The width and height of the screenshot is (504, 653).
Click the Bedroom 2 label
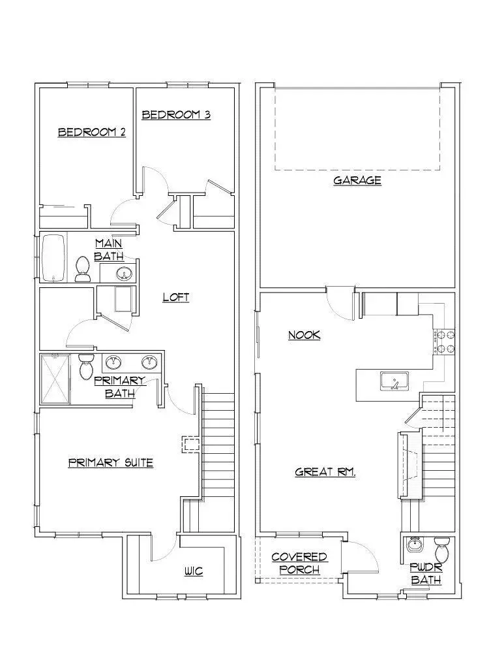(x=92, y=132)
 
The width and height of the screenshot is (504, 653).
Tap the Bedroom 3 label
(x=176, y=115)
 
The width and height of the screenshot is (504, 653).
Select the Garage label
(x=357, y=180)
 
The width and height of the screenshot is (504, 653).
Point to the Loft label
(x=176, y=297)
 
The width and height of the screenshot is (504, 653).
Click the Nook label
(x=304, y=335)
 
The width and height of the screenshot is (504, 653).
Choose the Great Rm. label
(x=325, y=471)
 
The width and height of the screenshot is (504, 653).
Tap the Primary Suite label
(x=111, y=463)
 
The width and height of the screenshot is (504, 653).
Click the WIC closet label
(x=194, y=571)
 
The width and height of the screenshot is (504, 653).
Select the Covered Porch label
(x=299, y=563)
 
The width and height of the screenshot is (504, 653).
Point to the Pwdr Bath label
(x=425, y=574)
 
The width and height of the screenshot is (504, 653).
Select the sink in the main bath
(x=123, y=273)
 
